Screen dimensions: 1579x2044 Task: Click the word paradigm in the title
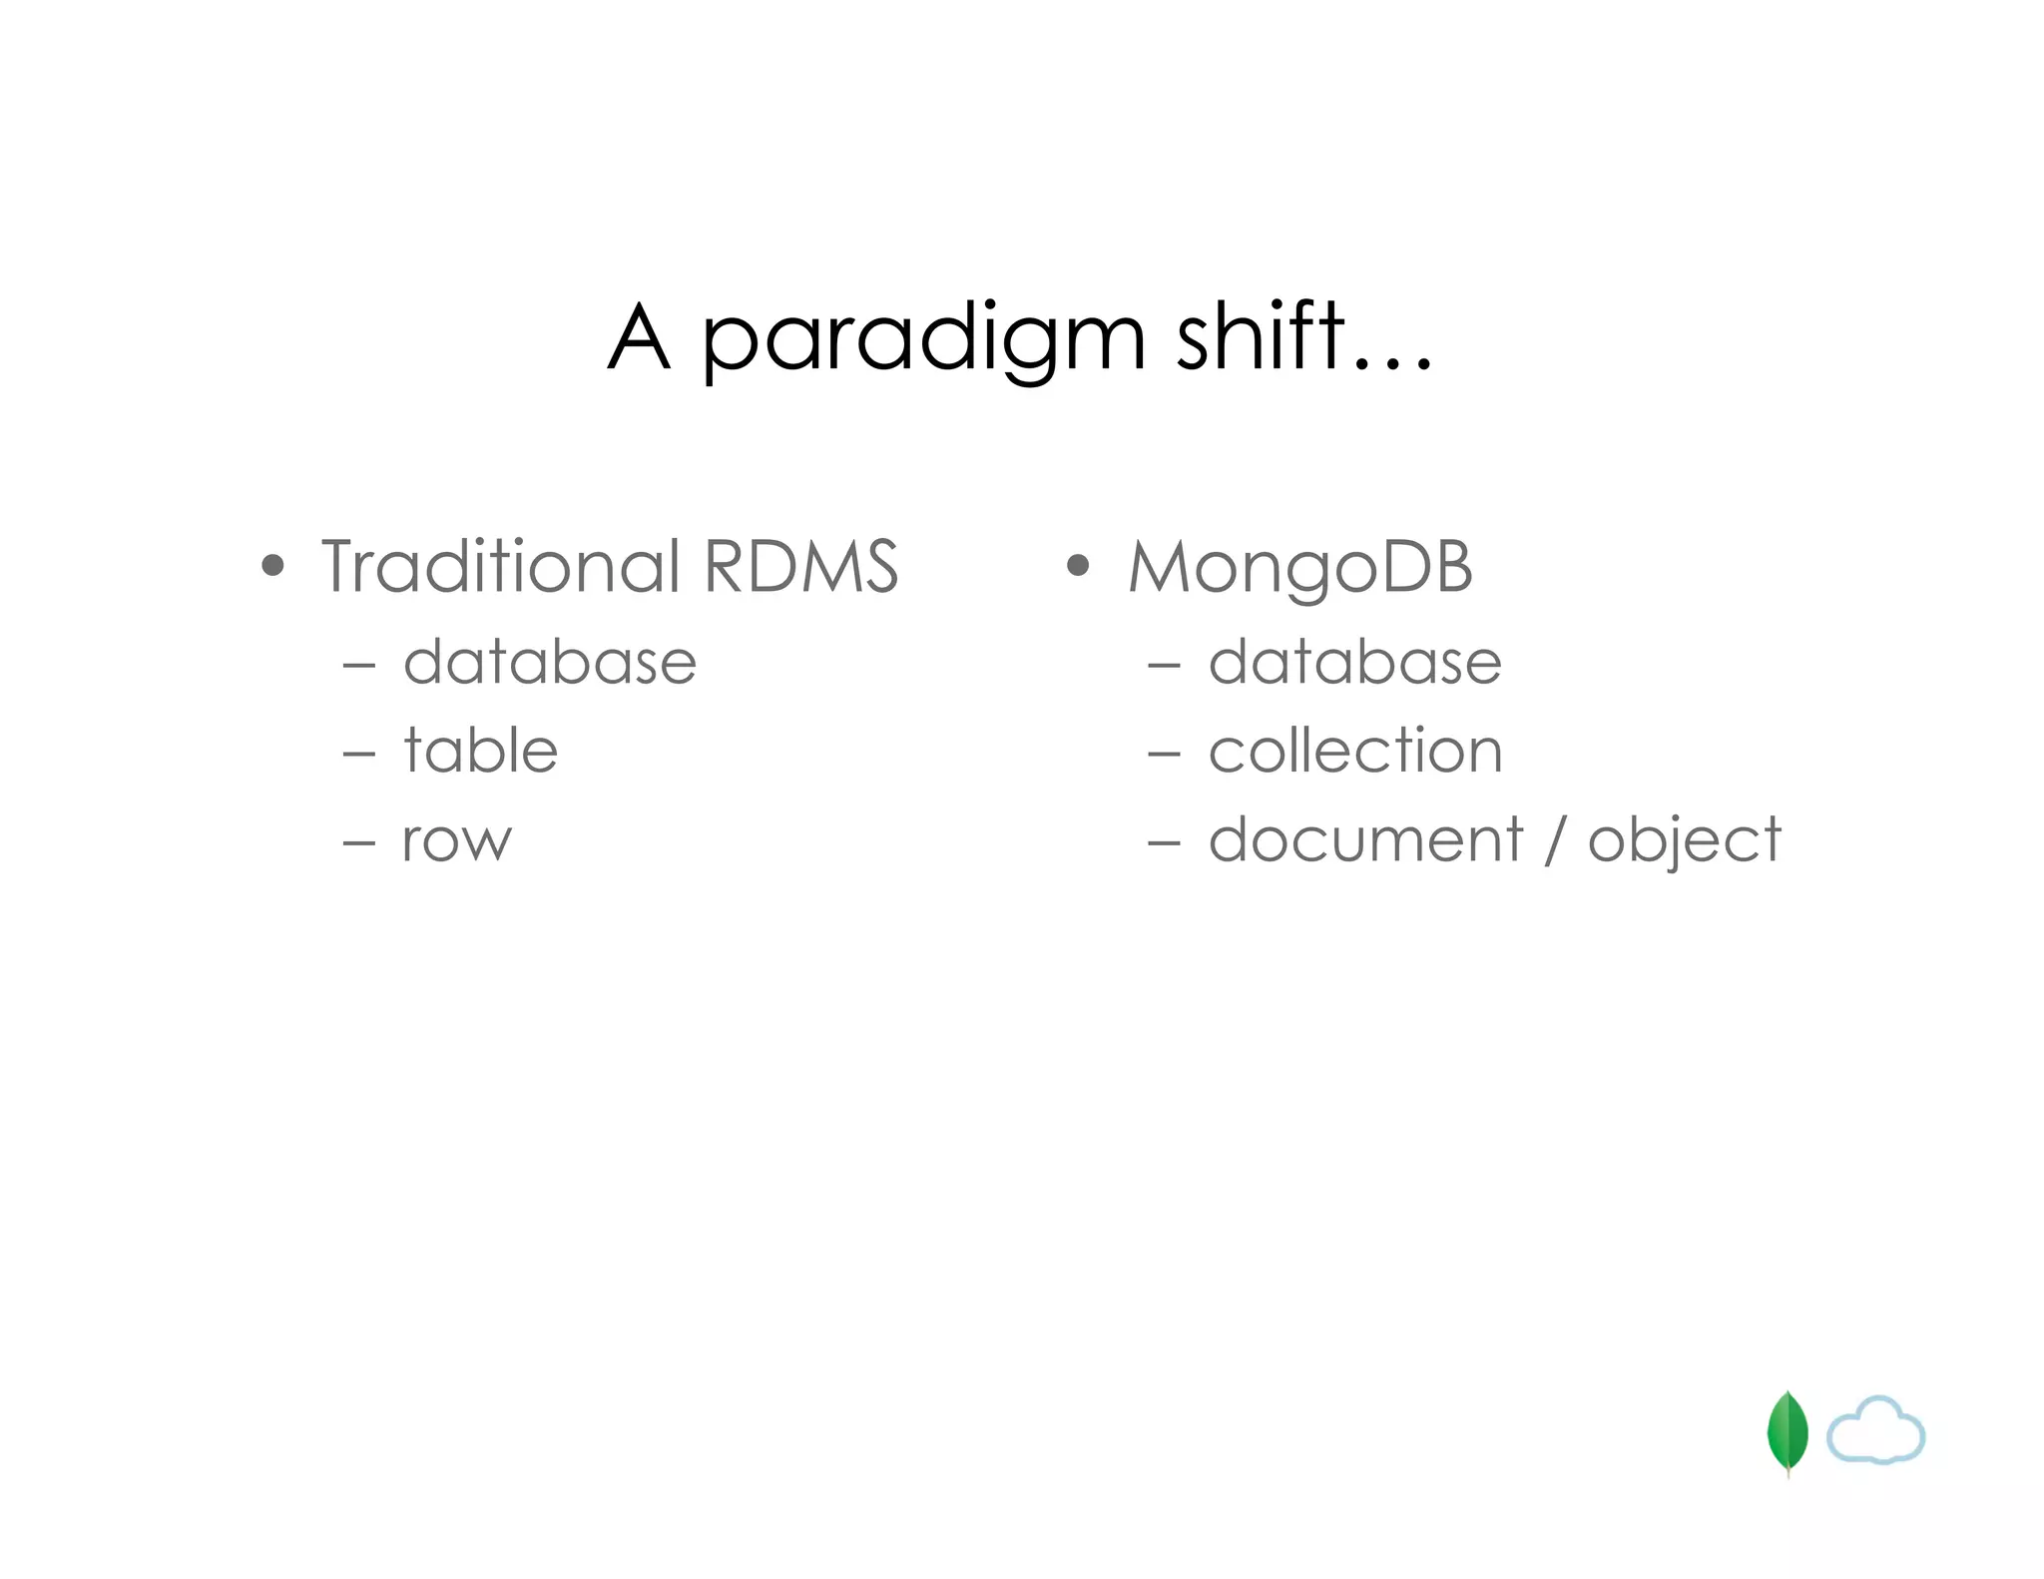point(922,339)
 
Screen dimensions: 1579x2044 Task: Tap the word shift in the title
point(1261,336)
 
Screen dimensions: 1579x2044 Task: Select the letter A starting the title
point(638,337)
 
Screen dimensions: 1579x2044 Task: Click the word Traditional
point(501,566)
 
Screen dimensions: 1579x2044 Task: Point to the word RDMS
point(800,566)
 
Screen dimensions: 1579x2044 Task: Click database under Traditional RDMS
point(549,662)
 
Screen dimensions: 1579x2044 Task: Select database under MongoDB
point(1354,662)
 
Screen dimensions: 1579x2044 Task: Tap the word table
point(480,751)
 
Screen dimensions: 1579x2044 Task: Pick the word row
point(456,841)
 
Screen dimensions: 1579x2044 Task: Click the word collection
point(1355,751)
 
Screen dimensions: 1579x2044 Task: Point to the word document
point(1365,839)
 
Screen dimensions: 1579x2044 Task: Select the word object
point(1684,841)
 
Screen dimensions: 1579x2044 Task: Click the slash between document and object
point(1555,840)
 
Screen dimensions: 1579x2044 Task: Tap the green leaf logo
point(1787,1433)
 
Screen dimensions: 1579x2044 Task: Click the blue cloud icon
point(1875,1431)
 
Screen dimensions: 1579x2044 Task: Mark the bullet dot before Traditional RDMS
point(272,567)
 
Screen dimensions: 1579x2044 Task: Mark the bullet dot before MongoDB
point(1077,567)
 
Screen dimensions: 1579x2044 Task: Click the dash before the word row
point(358,843)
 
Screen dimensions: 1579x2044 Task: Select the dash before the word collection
point(1164,755)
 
